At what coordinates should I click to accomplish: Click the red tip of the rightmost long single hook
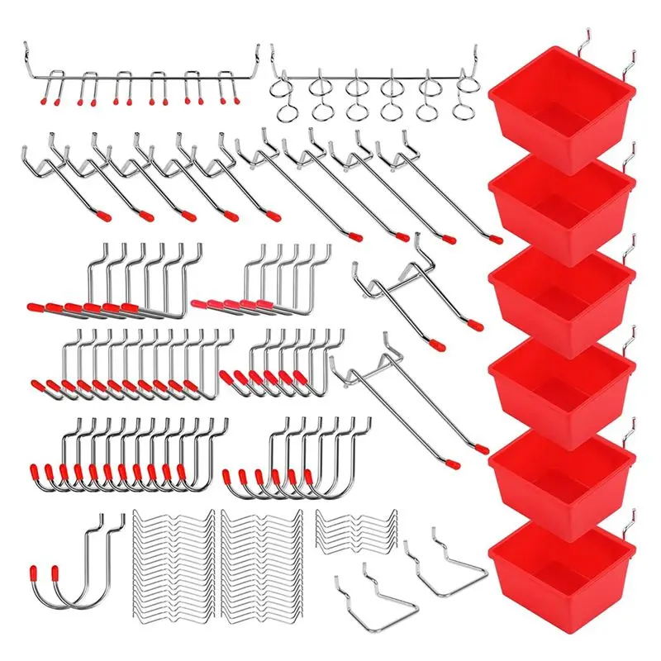(x=496, y=239)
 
